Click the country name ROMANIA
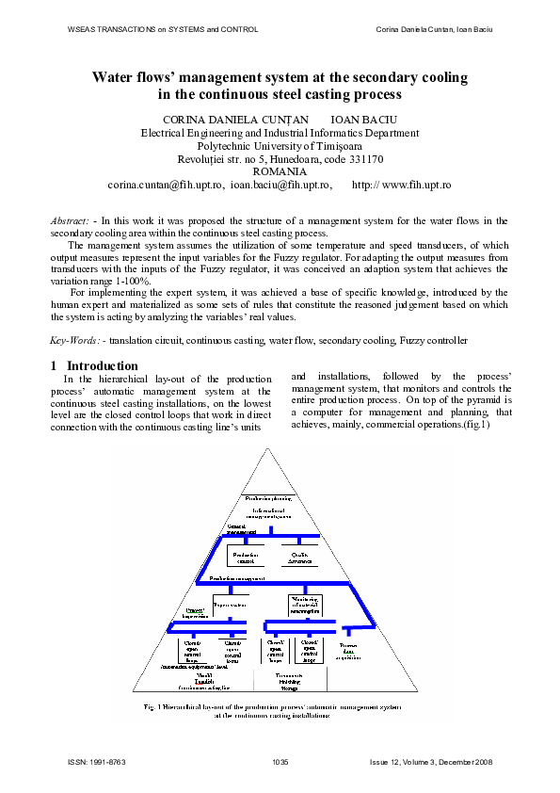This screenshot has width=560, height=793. click(x=280, y=172)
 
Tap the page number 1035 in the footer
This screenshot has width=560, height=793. click(x=280, y=761)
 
